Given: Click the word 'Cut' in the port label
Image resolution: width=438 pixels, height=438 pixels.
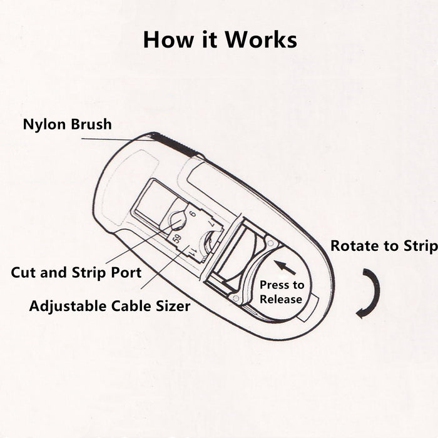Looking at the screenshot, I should click(x=24, y=273).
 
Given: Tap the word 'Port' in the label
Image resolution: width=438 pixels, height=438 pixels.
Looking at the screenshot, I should click(x=125, y=273).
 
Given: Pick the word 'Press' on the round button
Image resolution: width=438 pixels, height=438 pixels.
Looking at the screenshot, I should click(x=274, y=285).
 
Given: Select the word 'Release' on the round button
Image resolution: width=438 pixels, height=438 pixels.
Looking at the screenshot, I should click(x=281, y=299).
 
